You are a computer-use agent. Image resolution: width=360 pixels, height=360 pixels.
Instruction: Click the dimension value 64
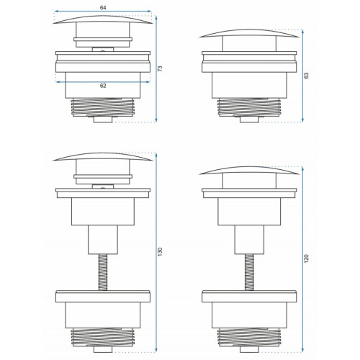[103, 8]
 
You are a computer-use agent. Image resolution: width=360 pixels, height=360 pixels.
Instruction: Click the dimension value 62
[103, 86]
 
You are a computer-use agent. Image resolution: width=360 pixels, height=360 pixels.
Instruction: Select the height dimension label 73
[161, 68]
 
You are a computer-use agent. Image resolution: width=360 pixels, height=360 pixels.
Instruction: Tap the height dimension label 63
[307, 76]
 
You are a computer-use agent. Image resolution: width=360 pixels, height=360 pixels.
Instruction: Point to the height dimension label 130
[161, 251]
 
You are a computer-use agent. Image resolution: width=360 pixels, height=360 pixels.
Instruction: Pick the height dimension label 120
[307, 258]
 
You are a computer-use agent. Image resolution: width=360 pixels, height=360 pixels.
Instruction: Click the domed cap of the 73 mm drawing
[103, 19]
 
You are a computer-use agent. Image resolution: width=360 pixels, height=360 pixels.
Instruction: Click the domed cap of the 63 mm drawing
[249, 33]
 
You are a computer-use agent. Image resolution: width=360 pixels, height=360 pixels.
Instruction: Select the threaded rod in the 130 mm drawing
[103, 272]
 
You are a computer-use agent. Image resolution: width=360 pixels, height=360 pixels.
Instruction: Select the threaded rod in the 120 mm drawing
[249, 272]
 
